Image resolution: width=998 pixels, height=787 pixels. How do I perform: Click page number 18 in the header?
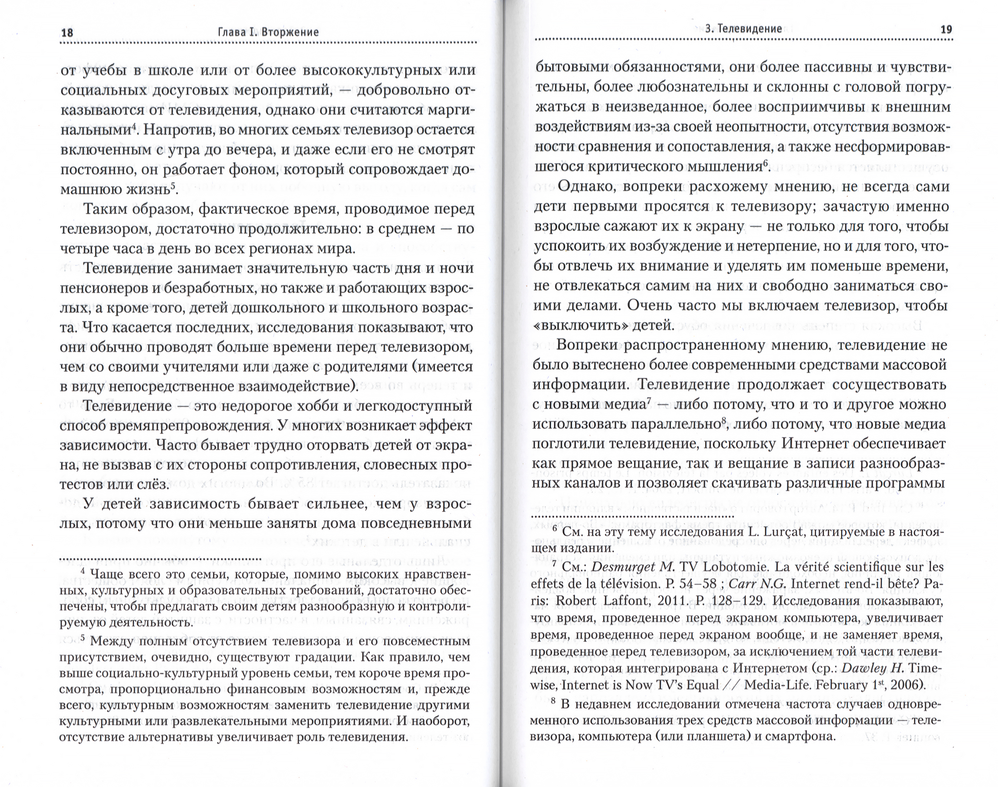click(x=67, y=33)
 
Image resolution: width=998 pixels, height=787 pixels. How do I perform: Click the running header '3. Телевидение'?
click(x=743, y=29)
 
